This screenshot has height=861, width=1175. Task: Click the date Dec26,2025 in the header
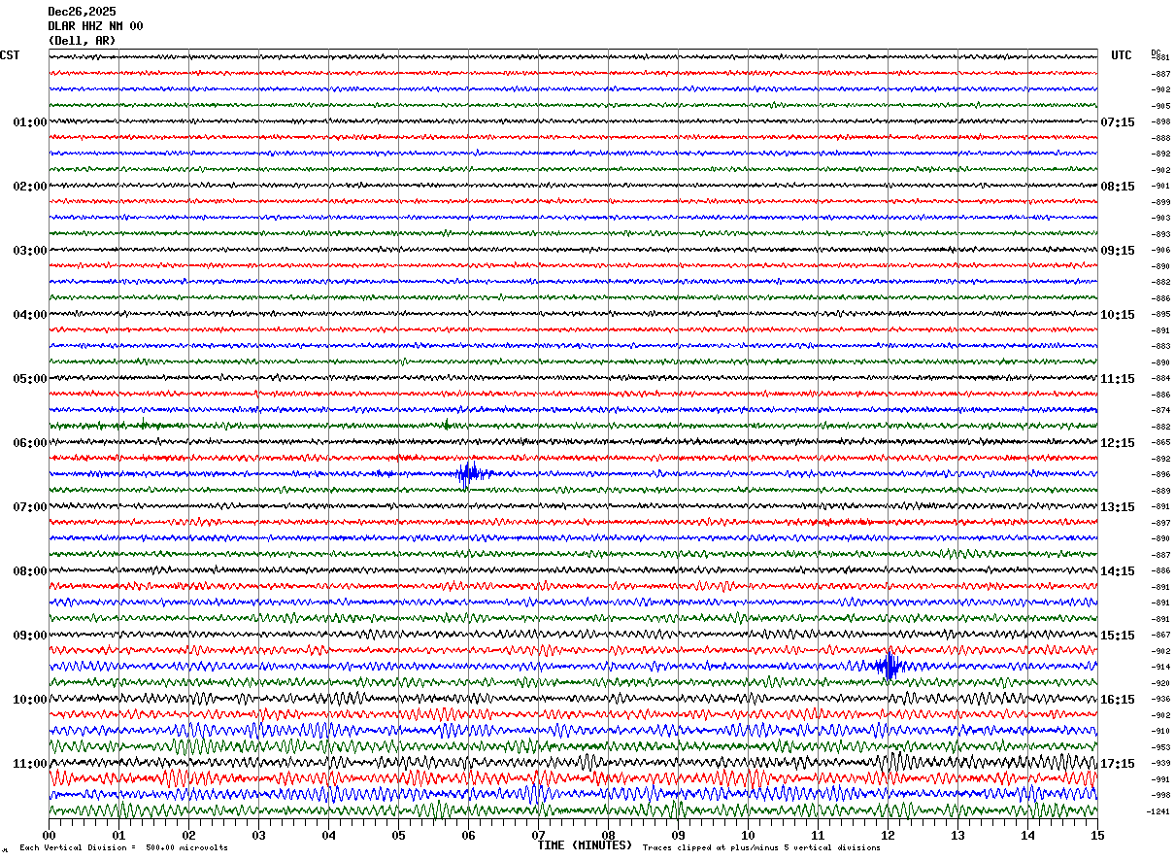click(x=82, y=12)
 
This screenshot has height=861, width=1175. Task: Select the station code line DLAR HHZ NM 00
click(x=95, y=26)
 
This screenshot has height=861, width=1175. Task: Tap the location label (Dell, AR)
click(x=82, y=41)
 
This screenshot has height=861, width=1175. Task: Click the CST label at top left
click(x=9, y=55)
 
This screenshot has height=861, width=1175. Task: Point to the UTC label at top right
click(x=1122, y=55)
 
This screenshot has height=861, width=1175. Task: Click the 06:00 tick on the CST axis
click(x=29, y=443)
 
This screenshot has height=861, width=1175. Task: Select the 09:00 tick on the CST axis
click(x=29, y=636)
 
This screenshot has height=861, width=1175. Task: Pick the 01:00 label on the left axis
click(x=29, y=122)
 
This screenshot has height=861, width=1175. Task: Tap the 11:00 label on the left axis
click(x=29, y=764)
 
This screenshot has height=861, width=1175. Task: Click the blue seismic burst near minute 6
click(x=469, y=474)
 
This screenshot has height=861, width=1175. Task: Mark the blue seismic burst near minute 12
click(x=888, y=666)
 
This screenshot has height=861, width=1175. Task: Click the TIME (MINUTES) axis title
click(x=585, y=845)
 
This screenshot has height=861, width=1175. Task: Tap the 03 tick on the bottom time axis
click(x=259, y=835)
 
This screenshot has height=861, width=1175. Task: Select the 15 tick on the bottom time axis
click(x=1096, y=835)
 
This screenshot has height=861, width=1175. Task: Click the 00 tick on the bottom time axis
click(x=50, y=835)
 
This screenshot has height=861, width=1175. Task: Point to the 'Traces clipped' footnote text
click(x=761, y=847)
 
